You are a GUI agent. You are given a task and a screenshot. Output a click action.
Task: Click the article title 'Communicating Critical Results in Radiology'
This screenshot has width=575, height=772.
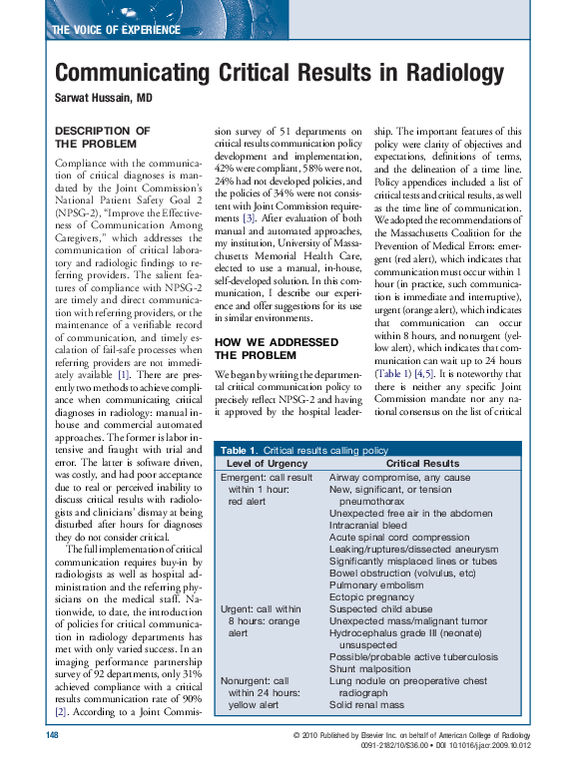click(x=279, y=74)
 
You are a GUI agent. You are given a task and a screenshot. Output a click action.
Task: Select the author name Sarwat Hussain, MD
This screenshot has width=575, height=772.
click(x=103, y=99)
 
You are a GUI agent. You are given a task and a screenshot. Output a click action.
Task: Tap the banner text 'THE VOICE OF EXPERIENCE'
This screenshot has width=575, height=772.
click(x=115, y=30)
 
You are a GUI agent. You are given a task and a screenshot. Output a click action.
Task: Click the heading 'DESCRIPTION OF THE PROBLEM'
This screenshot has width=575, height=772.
click(x=102, y=138)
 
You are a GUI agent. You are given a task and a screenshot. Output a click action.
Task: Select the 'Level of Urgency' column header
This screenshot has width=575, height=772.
click(x=266, y=464)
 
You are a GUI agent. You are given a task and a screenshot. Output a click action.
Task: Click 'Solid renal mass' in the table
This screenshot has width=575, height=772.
click(x=366, y=704)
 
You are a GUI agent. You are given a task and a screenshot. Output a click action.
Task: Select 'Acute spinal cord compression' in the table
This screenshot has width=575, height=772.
click(x=398, y=536)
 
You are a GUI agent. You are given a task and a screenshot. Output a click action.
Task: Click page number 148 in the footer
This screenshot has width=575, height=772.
click(x=54, y=735)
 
